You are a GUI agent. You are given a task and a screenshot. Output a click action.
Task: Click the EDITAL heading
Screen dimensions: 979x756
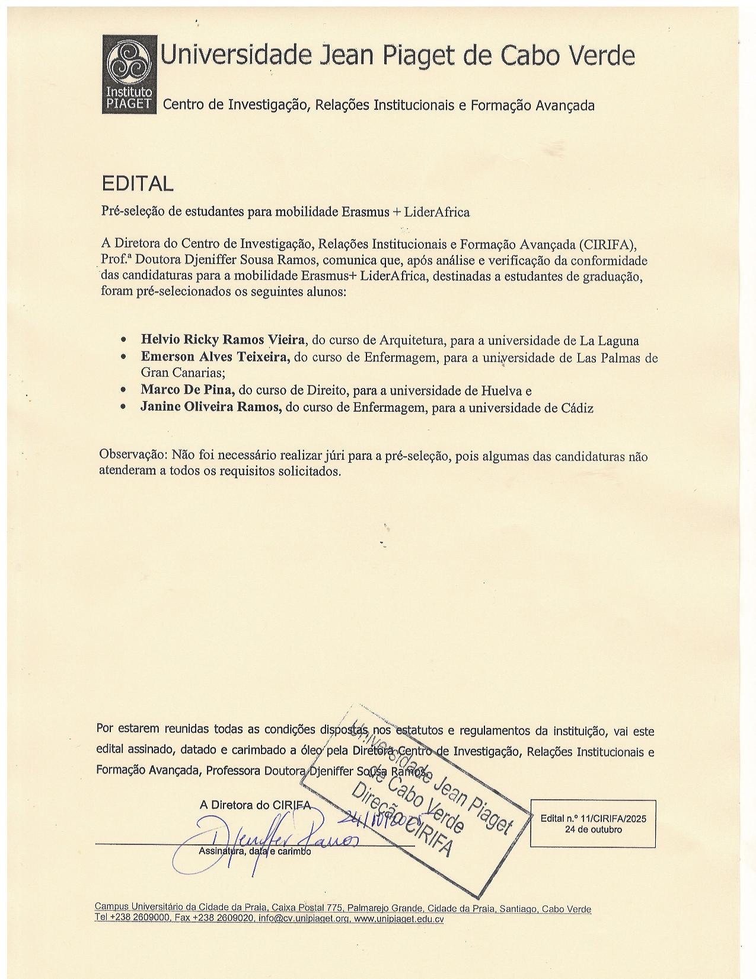pos(138,183)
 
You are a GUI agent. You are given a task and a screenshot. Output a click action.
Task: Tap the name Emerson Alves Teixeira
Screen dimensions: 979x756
pos(215,357)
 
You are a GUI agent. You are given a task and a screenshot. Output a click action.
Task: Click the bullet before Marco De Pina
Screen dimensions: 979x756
pos(123,390)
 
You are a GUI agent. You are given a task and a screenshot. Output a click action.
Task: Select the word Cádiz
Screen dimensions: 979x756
pos(577,408)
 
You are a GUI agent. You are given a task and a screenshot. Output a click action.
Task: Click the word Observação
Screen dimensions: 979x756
pos(133,456)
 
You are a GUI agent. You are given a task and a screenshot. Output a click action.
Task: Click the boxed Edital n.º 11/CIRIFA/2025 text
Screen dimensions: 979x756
pos(593,818)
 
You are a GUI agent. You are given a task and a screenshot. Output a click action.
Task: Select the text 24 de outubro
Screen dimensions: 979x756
pos(593,829)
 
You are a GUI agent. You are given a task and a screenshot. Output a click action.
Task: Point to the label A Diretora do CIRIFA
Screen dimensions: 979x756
pos(255,805)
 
